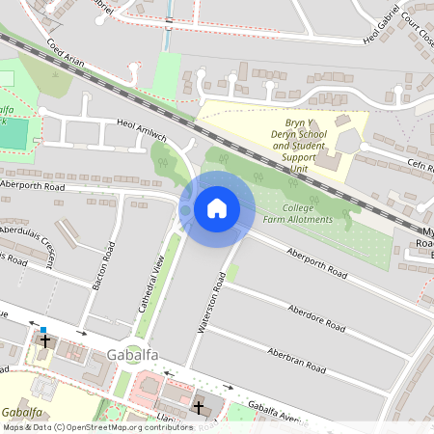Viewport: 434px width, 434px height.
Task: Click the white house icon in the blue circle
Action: pos(217,207)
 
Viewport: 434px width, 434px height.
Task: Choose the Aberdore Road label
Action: pos(317,321)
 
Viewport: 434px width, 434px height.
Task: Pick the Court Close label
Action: pos(413,29)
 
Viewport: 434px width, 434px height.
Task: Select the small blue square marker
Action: pos(42,330)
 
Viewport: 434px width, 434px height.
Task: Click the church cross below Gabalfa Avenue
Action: pos(200,408)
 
